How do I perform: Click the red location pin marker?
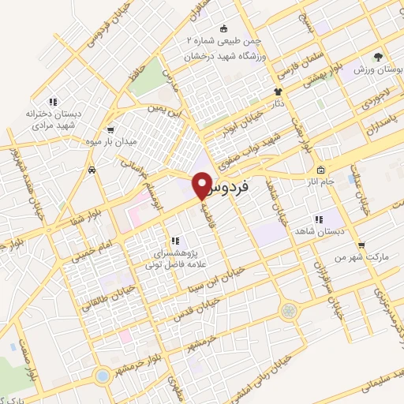point(203,183)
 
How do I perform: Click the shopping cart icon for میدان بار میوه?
point(110,130)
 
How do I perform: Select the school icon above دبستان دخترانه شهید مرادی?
point(52,102)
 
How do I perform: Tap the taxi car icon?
point(92,170)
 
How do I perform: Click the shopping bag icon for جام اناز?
point(320,171)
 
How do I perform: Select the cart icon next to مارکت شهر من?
point(361,245)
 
